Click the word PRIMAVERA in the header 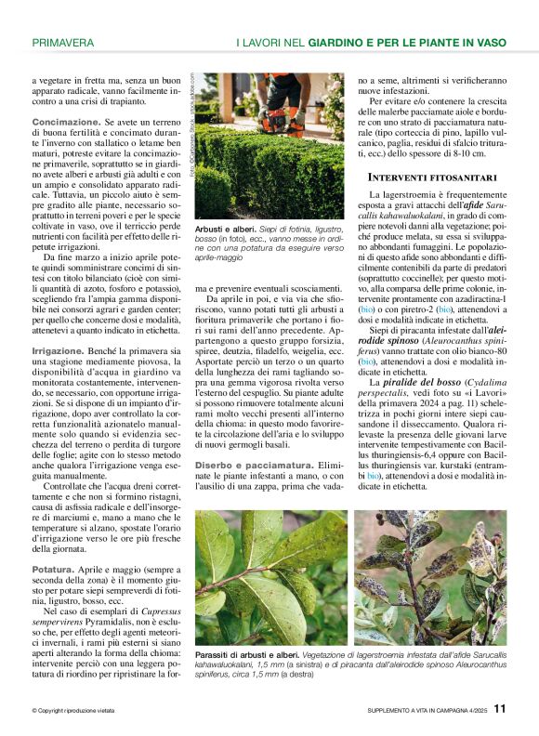(62, 43)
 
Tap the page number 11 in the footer (500, 708)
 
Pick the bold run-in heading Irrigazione (59, 350)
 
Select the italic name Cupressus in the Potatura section (141, 608)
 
